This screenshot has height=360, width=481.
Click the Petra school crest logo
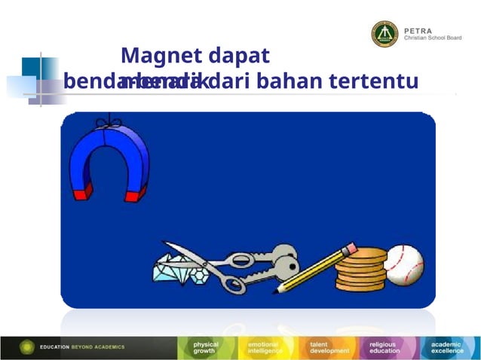pyautogui.click(x=384, y=34)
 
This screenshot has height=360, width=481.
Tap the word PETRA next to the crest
pyautogui.click(x=418, y=29)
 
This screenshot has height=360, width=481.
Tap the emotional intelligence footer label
pyautogui.click(x=265, y=348)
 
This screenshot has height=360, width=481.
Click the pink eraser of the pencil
pyautogui.click(x=348, y=248)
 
